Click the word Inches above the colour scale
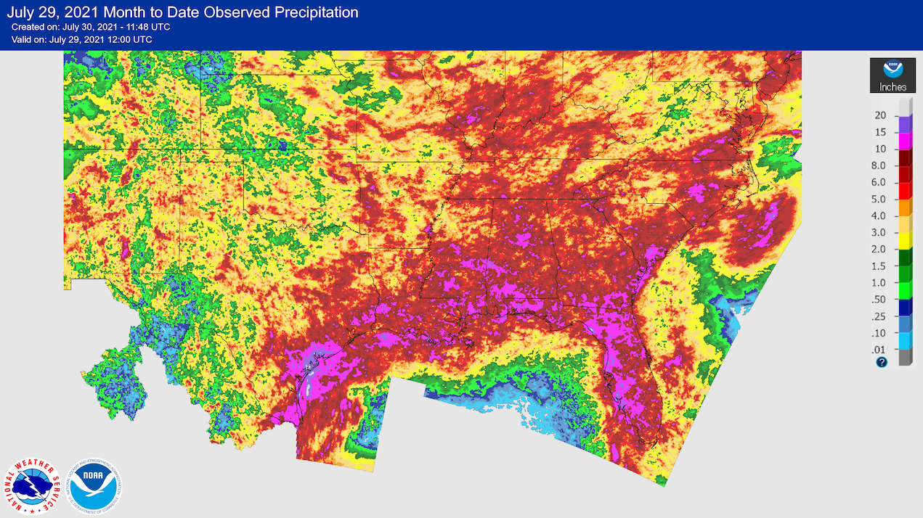coord(892,87)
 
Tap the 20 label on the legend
coord(881,116)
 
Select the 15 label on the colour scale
coord(881,133)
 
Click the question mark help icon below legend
coord(882,362)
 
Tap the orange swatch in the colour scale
coord(904,207)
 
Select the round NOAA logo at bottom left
coord(95,485)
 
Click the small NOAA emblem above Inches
coord(892,70)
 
